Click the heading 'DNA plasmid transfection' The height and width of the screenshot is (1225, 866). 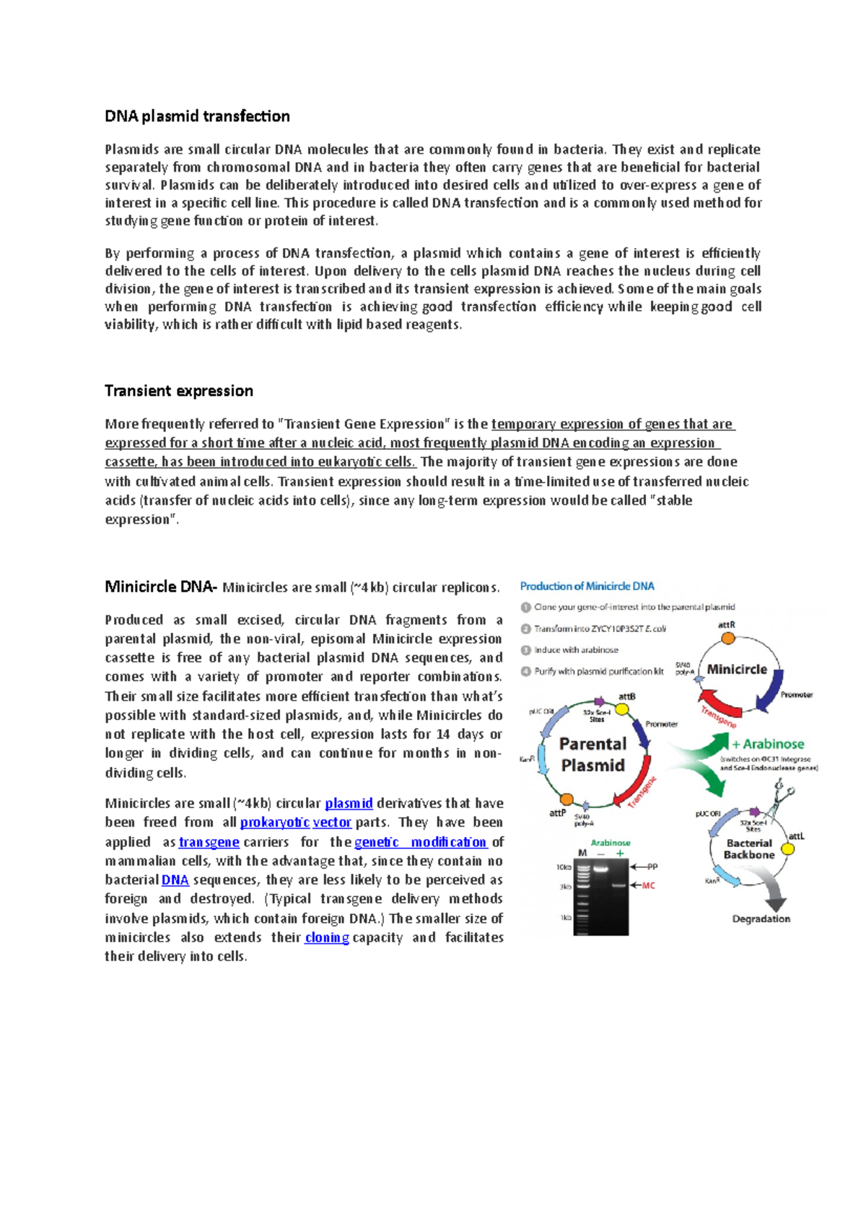(197, 116)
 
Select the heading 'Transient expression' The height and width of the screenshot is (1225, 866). (178, 391)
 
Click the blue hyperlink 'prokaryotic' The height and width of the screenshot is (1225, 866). (274, 822)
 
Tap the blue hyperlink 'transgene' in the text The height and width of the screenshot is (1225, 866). (209, 842)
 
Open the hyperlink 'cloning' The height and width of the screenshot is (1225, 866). (327, 937)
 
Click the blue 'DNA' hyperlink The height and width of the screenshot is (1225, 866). (175, 880)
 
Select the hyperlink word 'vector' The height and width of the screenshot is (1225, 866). (332, 822)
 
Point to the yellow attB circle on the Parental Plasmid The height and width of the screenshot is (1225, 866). (622, 709)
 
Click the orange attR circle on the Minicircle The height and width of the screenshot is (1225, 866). (728, 638)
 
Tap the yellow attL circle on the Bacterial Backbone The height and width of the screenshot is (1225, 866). (788, 849)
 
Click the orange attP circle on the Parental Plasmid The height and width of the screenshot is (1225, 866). (567, 799)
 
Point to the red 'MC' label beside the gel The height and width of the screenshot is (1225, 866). (648, 885)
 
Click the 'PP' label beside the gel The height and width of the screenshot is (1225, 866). (652, 866)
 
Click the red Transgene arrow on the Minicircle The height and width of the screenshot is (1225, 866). (718, 706)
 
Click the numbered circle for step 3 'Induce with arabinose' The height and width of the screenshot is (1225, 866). (526, 649)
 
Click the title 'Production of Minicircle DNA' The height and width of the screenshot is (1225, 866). (587, 586)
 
